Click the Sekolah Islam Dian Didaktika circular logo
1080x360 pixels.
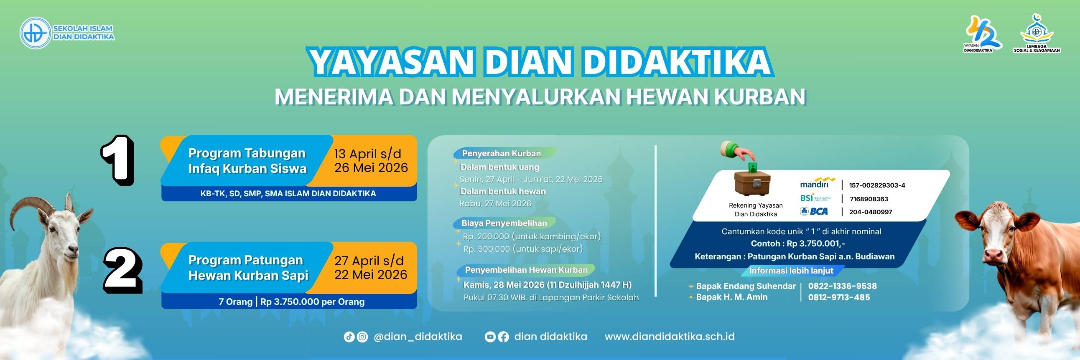pos(35,33)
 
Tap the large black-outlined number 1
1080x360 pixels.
pos(118,160)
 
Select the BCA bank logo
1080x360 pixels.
pos(814,211)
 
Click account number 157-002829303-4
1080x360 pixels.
pos(877,185)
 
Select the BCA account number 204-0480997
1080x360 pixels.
pos(871,212)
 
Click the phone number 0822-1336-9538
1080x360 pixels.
pos(842,286)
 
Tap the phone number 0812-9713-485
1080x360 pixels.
pos(839,297)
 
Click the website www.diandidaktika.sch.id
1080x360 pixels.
pos(670,337)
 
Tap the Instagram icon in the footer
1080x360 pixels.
pos(362,337)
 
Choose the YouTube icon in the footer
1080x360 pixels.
pos(490,337)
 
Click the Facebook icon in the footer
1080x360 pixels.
pos(503,337)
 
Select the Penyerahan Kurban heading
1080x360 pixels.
pos(502,153)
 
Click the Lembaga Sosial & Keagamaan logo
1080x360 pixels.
pos(1037,33)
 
